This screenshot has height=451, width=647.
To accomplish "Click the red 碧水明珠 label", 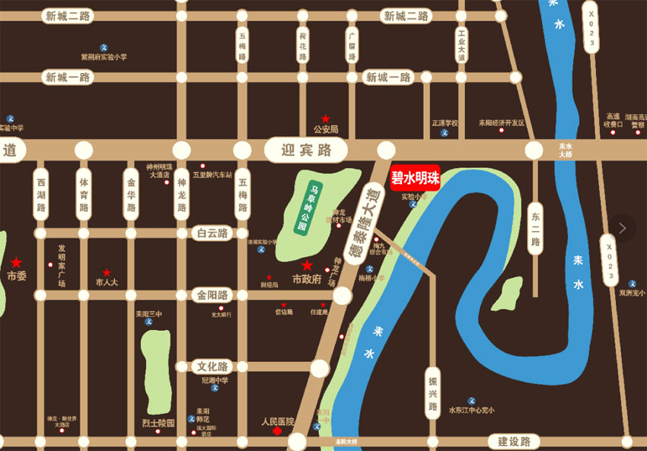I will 415,179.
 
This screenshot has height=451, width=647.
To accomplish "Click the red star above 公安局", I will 326,119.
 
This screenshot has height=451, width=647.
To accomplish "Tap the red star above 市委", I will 16,262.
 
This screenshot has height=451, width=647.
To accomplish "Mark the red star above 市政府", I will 307,265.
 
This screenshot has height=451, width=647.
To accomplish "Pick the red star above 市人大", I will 107,272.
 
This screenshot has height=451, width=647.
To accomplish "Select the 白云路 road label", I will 212,233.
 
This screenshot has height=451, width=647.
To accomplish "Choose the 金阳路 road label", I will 212,295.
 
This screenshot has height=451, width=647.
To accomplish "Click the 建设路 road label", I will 514,442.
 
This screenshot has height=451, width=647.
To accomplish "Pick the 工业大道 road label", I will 461,45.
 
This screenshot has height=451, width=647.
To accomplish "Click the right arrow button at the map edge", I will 623,227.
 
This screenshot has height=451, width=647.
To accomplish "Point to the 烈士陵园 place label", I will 158,424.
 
